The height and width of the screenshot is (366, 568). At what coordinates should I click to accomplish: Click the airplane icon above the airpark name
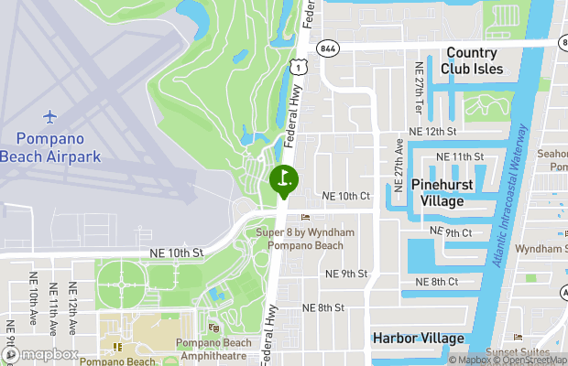point(49,117)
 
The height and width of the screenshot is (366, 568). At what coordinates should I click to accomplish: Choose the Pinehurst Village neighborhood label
point(449,192)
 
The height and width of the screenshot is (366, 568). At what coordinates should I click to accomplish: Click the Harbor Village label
point(418,339)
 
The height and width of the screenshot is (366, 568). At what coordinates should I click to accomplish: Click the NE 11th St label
point(459,157)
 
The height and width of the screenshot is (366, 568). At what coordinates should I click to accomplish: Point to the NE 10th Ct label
point(346,197)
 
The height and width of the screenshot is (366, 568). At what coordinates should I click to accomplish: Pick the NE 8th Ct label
point(449,282)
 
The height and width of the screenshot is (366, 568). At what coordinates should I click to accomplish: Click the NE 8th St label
point(322,308)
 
